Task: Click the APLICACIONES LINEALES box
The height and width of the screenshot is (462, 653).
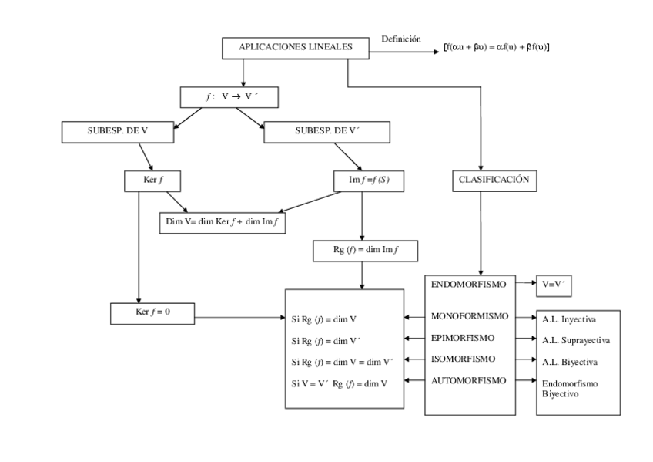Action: pyautogui.click(x=285, y=48)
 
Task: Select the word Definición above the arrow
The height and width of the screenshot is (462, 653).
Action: pyautogui.click(x=401, y=39)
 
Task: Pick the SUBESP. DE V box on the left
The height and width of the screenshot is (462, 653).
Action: pyautogui.click(x=118, y=133)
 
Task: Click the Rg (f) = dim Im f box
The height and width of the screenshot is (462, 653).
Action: pyautogui.click(x=363, y=250)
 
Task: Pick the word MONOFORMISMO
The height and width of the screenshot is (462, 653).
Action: pyautogui.click(x=469, y=317)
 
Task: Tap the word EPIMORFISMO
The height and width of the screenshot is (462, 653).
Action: pyautogui.click(x=464, y=338)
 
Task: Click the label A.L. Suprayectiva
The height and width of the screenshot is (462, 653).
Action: pyautogui.click(x=576, y=340)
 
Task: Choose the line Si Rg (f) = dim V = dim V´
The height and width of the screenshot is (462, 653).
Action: pyautogui.click(x=343, y=362)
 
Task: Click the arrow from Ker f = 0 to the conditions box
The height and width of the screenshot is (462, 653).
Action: pyautogui.click(x=239, y=316)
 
